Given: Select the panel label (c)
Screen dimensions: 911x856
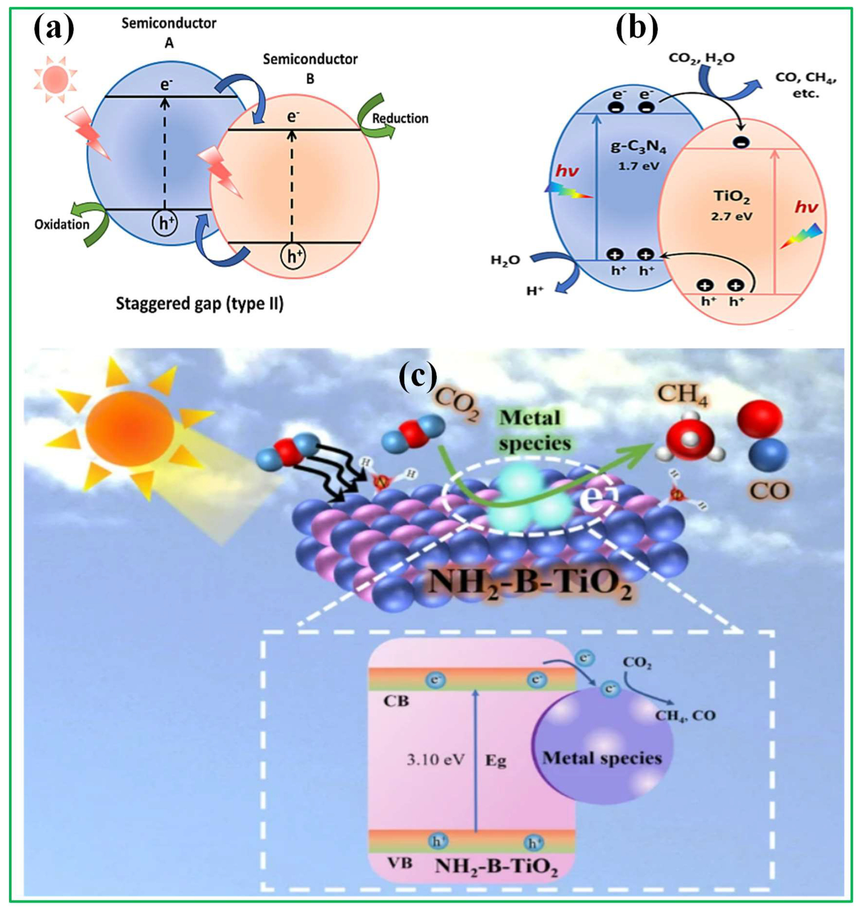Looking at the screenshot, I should (x=418, y=376).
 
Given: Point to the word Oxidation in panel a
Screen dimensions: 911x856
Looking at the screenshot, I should (x=62, y=224).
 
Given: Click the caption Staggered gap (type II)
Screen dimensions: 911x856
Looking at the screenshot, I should (x=199, y=304).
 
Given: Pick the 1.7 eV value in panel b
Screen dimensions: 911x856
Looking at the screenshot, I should (x=638, y=166).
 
